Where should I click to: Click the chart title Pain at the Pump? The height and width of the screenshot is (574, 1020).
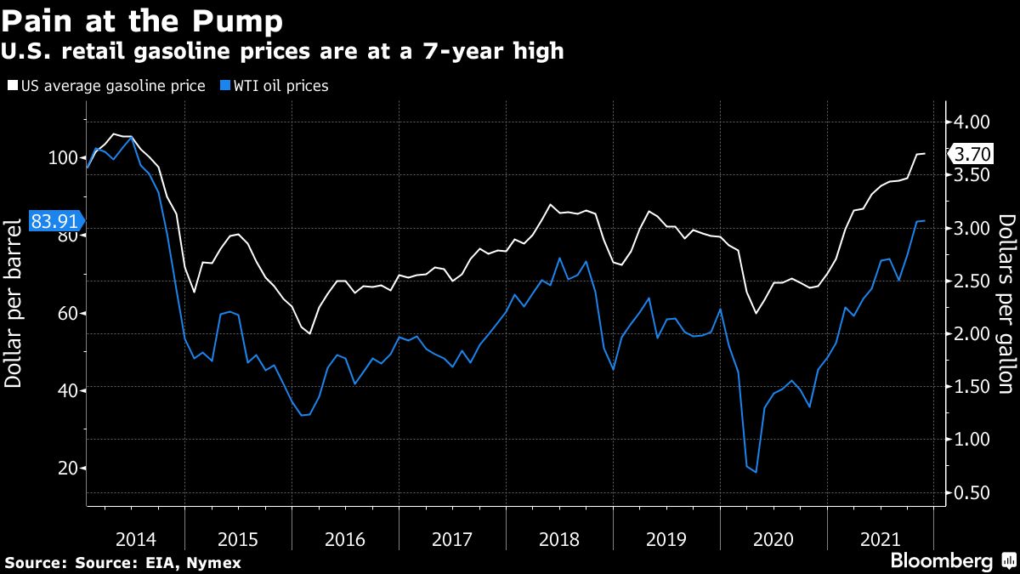click(x=142, y=20)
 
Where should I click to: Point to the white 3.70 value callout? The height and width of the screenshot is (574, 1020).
click(x=972, y=155)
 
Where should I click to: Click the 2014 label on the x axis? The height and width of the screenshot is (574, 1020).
click(x=136, y=539)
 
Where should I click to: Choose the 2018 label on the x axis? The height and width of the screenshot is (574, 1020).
click(x=559, y=539)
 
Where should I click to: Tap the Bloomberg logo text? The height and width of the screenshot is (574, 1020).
click(x=941, y=561)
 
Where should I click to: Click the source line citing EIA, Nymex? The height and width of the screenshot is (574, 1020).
click(x=122, y=563)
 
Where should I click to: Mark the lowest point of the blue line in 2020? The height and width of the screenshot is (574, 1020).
click(x=755, y=473)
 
